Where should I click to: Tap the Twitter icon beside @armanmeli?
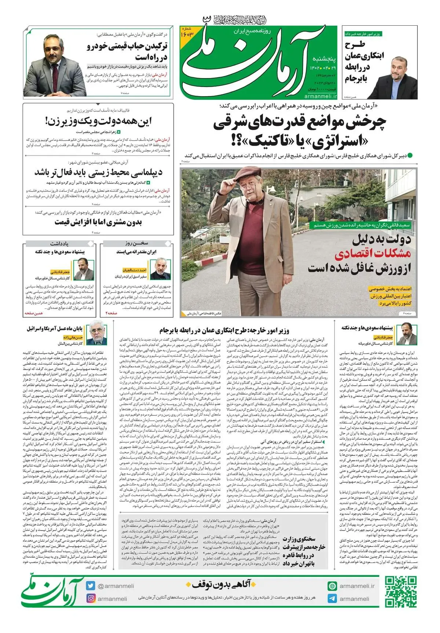(91, 586)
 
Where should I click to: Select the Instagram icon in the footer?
(91, 599)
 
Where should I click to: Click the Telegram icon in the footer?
(332, 599)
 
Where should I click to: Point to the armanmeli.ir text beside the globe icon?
(357, 586)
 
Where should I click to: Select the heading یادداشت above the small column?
(59, 243)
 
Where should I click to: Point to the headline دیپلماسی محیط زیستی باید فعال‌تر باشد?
(98, 172)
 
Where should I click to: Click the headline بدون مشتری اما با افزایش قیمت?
(98, 222)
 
